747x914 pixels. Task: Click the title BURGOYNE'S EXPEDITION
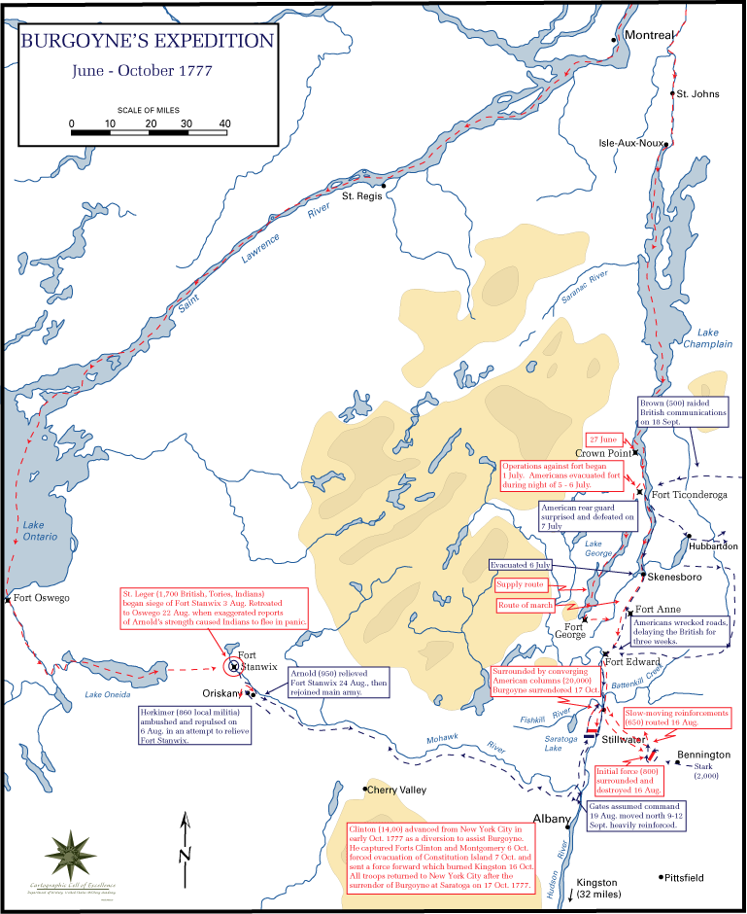pos(147,41)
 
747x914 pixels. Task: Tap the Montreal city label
pos(649,35)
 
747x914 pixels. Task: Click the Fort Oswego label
pos(41,598)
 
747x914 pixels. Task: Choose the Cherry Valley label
pos(395,790)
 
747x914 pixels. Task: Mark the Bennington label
pos(703,755)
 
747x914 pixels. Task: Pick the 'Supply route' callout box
pos(521,584)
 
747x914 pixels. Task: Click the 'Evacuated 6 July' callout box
pos(521,565)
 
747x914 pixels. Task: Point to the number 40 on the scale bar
pos(224,123)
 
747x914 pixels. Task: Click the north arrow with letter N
pos(185,842)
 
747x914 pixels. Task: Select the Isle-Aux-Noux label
pos(631,143)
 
